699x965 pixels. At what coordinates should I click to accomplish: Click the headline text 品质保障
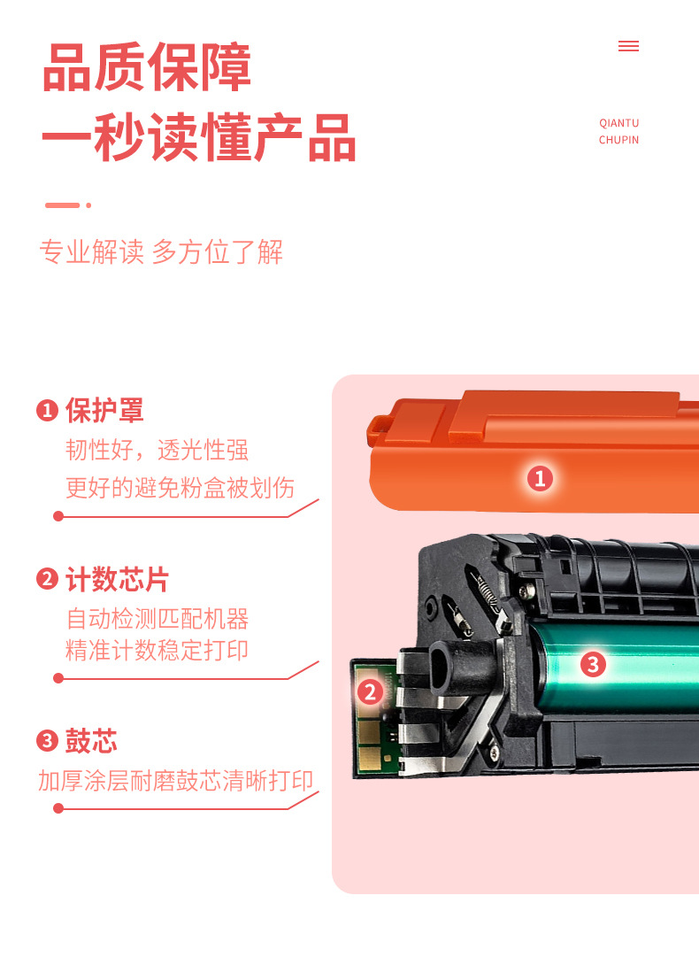tap(147, 67)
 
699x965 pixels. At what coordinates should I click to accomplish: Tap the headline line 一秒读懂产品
tap(198, 138)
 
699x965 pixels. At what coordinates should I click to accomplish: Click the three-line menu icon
tap(628, 46)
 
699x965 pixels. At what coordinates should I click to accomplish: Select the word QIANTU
tap(618, 123)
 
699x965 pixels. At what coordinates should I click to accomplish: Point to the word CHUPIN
tap(618, 140)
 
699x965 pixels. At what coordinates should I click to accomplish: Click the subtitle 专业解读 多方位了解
tap(161, 252)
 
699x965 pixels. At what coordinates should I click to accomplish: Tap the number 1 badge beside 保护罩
tap(47, 411)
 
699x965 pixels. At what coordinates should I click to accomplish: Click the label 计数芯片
tap(117, 580)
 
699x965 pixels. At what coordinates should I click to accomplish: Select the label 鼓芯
tap(91, 742)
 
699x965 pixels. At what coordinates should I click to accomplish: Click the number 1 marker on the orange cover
tap(540, 479)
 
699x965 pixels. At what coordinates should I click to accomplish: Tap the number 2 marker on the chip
tap(370, 692)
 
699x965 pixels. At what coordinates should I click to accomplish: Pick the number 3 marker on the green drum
tap(593, 663)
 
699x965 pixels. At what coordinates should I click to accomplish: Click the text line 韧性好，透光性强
tap(157, 450)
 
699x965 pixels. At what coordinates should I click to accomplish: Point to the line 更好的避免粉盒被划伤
tap(181, 487)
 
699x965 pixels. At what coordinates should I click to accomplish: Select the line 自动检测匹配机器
tap(157, 618)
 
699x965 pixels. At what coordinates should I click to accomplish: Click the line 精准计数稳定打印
tap(157, 651)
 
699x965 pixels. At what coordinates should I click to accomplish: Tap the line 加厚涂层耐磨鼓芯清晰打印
tap(176, 781)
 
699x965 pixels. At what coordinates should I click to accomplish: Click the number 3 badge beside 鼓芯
tap(47, 742)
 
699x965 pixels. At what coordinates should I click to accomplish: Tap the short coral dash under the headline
tap(63, 205)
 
